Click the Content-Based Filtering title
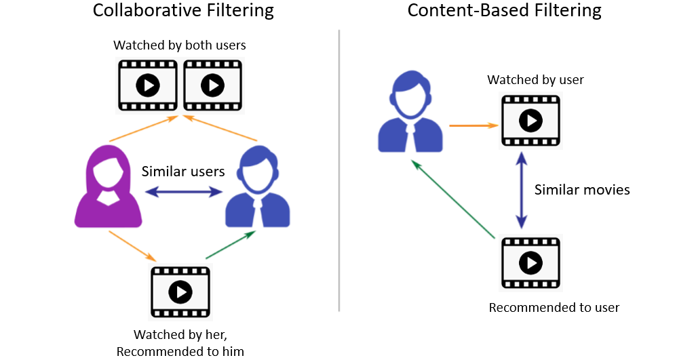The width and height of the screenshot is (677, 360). [x=503, y=11]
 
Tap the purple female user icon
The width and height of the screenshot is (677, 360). [x=108, y=188]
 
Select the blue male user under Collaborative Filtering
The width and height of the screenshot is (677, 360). [x=257, y=188]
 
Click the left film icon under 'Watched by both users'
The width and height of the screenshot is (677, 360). [x=147, y=85]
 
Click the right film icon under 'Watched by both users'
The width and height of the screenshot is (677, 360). [x=212, y=85]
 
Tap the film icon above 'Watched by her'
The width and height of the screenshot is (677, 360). [x=180, y=292]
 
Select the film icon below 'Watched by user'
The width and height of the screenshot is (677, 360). [x=531, y=121]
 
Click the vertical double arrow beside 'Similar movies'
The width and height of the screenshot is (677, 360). [x=521, y=190]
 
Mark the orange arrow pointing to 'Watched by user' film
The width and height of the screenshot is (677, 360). [x=473, y=125]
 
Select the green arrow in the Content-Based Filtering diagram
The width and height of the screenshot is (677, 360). [x=452, y=200]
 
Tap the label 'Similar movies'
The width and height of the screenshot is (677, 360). [x=582, y=190]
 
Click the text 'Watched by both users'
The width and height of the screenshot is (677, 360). [x=180, y=46]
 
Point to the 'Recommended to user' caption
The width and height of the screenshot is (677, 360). [x=554, y=308]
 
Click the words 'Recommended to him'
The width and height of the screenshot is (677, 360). [x=180, y=351]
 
